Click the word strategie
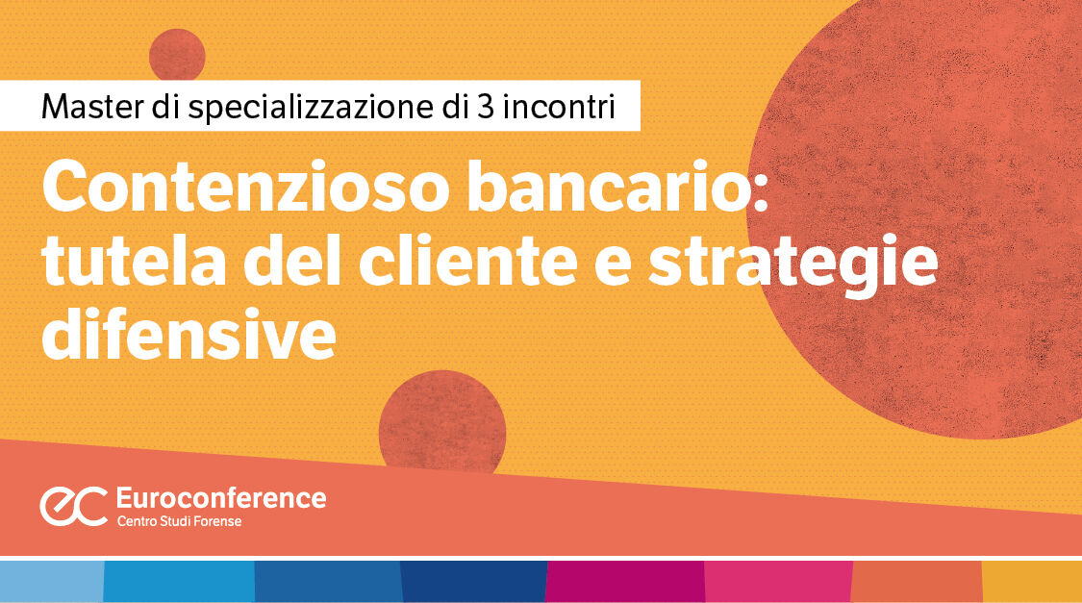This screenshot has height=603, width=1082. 792,264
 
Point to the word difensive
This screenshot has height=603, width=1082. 189,336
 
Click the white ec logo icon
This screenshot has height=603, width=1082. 73,506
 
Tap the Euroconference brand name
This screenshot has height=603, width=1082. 220,497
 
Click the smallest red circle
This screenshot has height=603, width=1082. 177,54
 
